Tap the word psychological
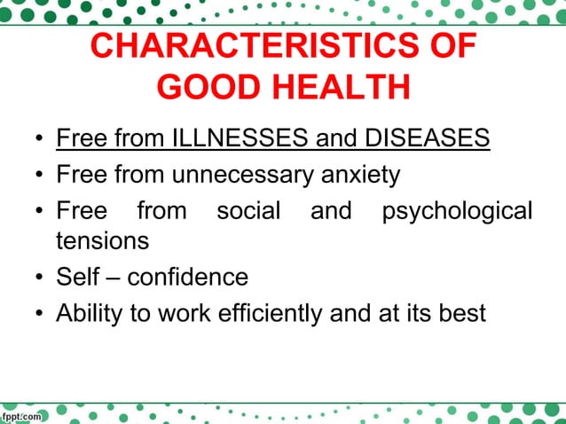456,211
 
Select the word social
248,211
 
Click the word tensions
102,240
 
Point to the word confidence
188,277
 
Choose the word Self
78,277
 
